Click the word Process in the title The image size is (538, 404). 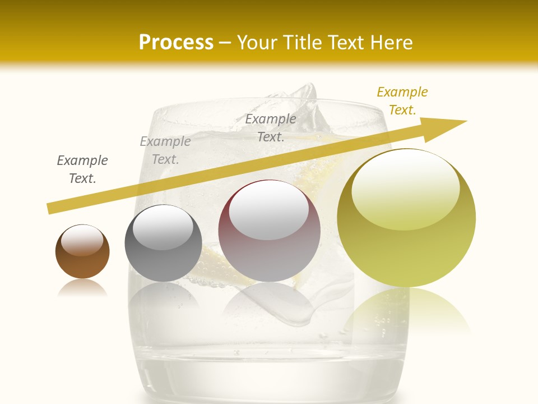pyautogui.click(x=176, y=42)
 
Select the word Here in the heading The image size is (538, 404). pyautogui.click(x=392, y=42)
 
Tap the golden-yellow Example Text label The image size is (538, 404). pyautogui.click(x=402, y=101)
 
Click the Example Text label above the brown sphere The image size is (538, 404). pyautogui.click(x=82, y=169)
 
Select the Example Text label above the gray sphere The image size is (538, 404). pyautogui.click(x=165, y=150)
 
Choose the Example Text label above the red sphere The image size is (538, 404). pyautogui.click(x=271, y=127)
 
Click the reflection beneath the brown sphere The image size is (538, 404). pyautogui.click(x=82, y=288)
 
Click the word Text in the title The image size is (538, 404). pyautogui.click(x=349, y=42)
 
